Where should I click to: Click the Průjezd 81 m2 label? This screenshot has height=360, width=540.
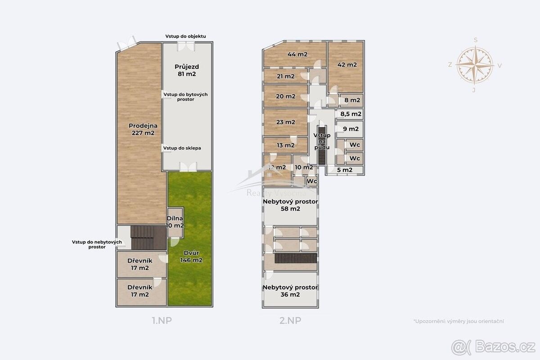[187, 70]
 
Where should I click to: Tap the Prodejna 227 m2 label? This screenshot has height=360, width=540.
[143, 129]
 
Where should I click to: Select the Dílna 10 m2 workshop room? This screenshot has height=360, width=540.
[175, 222]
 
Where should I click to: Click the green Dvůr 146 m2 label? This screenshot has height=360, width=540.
[191, 256]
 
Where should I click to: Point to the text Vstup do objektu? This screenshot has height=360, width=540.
[185, 36]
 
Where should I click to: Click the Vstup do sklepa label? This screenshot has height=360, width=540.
[182, 148]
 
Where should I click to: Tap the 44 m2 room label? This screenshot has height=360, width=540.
[297, 54]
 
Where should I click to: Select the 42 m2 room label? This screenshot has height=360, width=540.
[347, 65]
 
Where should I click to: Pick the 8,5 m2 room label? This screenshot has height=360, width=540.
[351, 114]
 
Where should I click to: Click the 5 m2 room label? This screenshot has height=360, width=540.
[345, 170]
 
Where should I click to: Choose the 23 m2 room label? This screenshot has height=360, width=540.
[285, 122]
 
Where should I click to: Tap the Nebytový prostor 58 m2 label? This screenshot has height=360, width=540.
[290, 205]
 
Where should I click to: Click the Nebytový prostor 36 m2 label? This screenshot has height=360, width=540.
[290, 291]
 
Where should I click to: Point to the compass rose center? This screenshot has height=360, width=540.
[475, 65]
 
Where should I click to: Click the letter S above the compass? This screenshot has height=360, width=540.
[476, 40]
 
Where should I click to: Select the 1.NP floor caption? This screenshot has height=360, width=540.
[162, 320]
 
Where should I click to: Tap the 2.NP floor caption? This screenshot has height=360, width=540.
[290, 320]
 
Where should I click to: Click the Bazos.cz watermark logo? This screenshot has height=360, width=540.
[493, 347]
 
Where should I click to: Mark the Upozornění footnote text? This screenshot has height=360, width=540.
[459, 321]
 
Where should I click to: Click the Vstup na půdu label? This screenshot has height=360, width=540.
[322, 141]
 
